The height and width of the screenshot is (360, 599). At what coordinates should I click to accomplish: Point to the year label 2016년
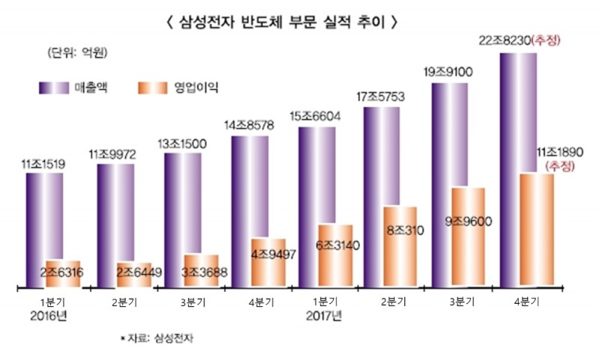(44, 315)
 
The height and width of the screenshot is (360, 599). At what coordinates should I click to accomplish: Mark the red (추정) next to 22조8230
(546, 40)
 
